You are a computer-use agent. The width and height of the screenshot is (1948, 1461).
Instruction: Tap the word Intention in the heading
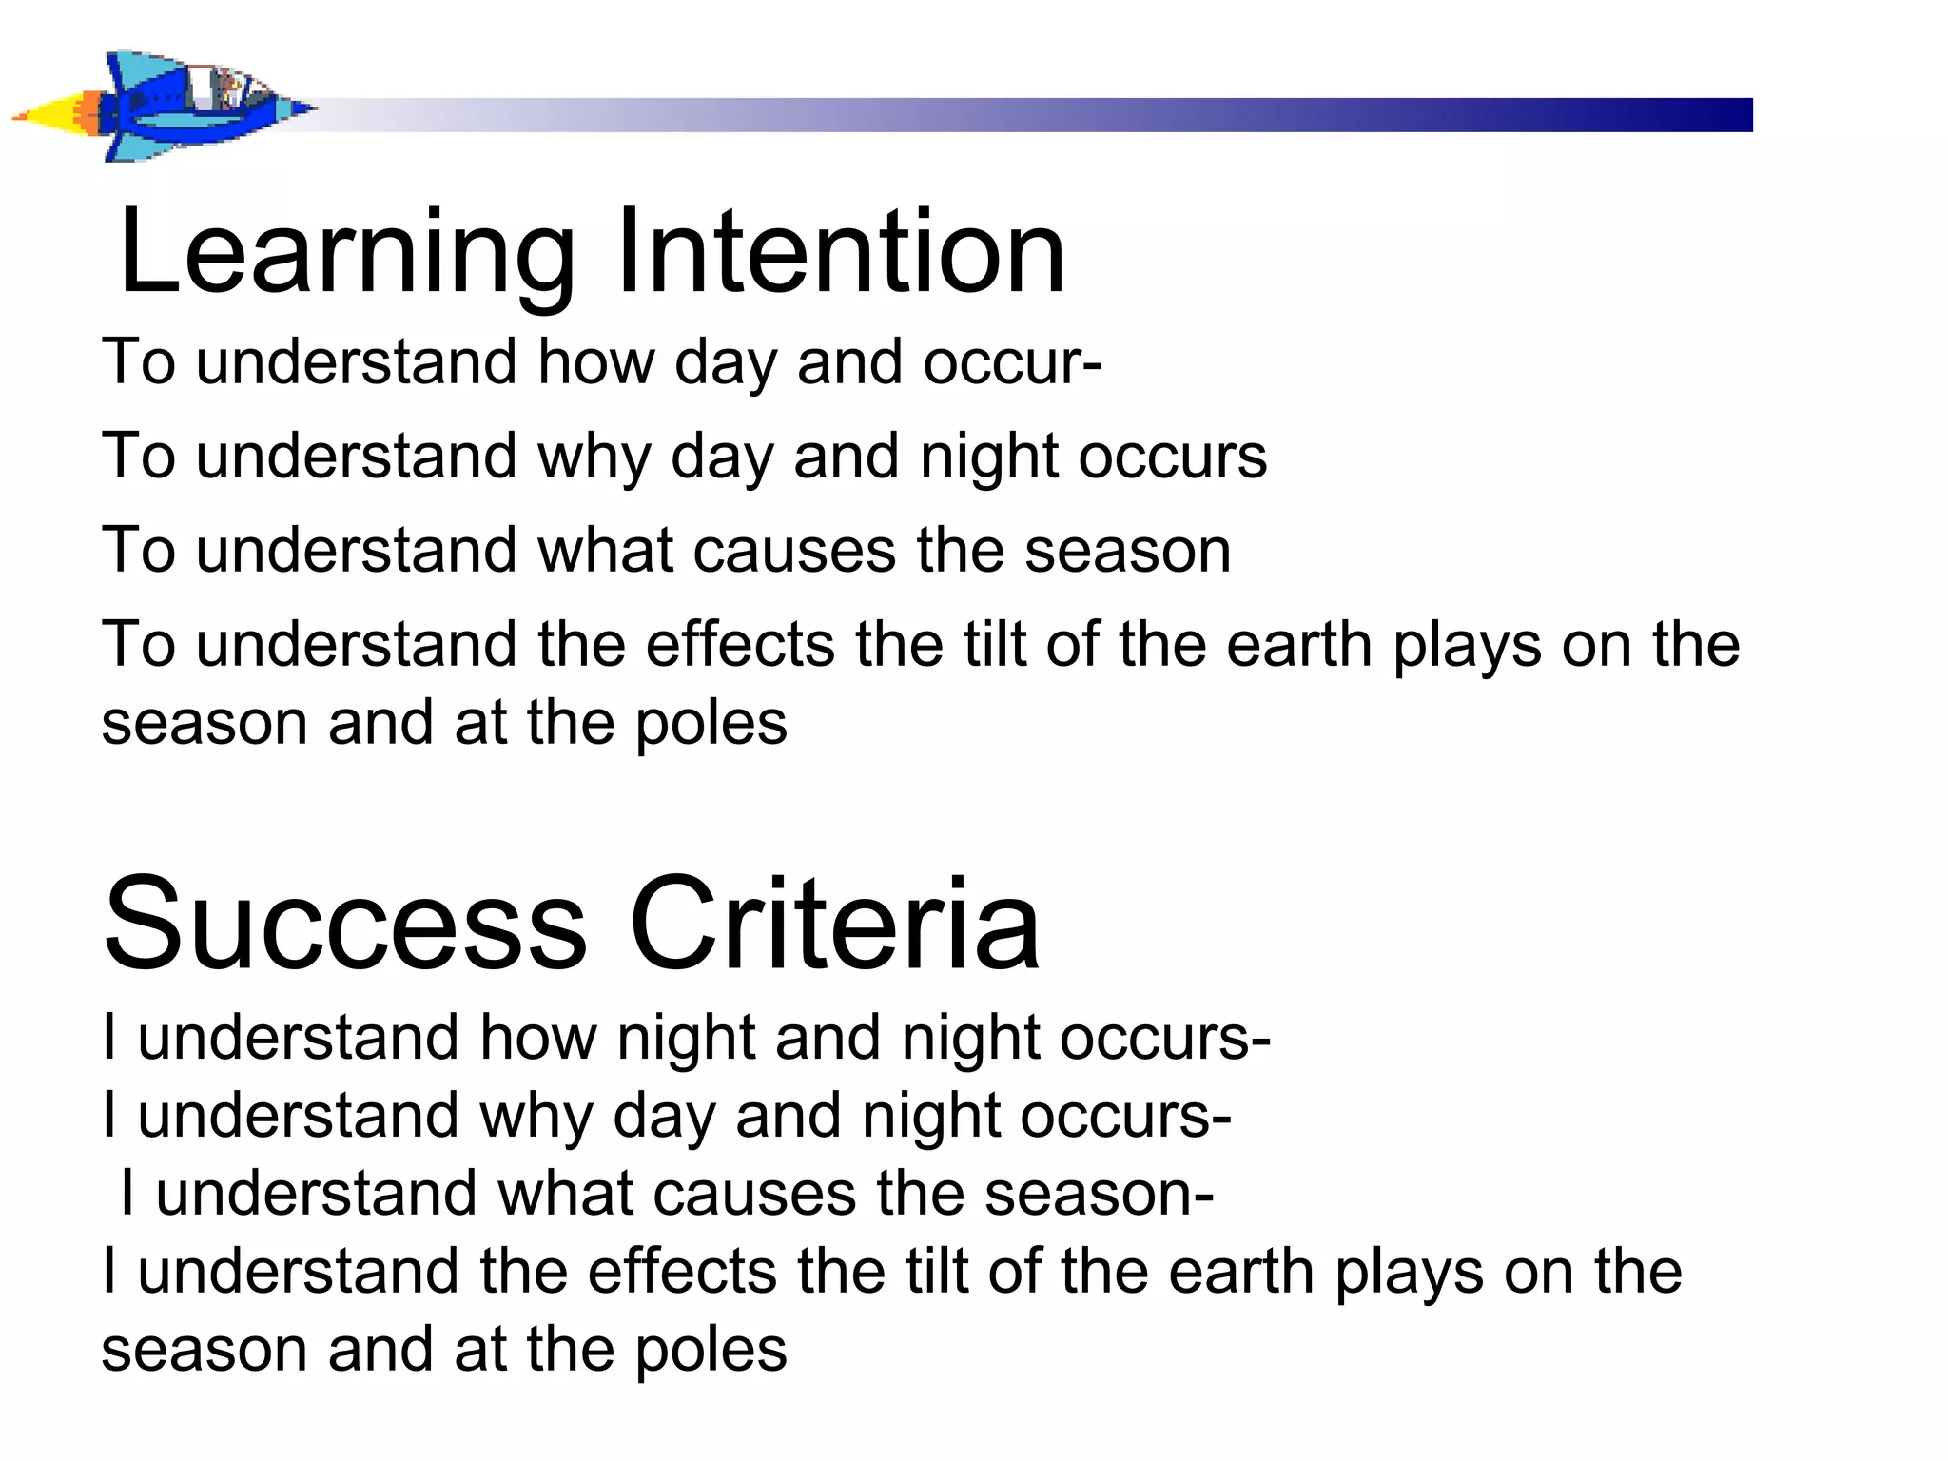pos(841,252)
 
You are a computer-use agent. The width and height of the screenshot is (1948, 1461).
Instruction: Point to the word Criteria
pos(834,925)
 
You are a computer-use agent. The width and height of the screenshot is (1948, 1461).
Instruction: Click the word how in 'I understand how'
pos(537,1037)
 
